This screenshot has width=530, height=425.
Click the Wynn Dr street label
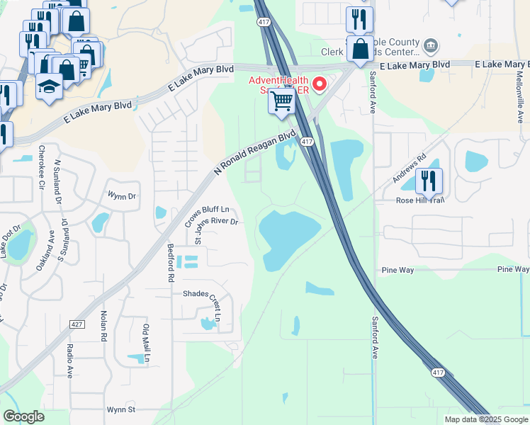(x=121, y=196)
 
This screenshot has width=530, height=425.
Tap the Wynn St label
(x=120, y=409)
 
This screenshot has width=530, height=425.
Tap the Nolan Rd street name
(x=103, y=324)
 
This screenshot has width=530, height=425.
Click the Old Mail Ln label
(x=147, y=343)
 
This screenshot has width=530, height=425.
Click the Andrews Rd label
(x=410, y=167)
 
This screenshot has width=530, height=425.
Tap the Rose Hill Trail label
(x=420, y=200)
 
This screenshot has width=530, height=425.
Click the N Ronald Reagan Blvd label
(x=254, y=154)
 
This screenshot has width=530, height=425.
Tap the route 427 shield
(x=76, y=324)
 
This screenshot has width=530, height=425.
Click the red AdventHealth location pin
(x=320, y=85)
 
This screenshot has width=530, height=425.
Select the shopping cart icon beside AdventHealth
(x=282, y=101)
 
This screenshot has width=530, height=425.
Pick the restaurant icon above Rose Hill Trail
(x=429, y=181)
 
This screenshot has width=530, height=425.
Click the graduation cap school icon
(x=49, y=87)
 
